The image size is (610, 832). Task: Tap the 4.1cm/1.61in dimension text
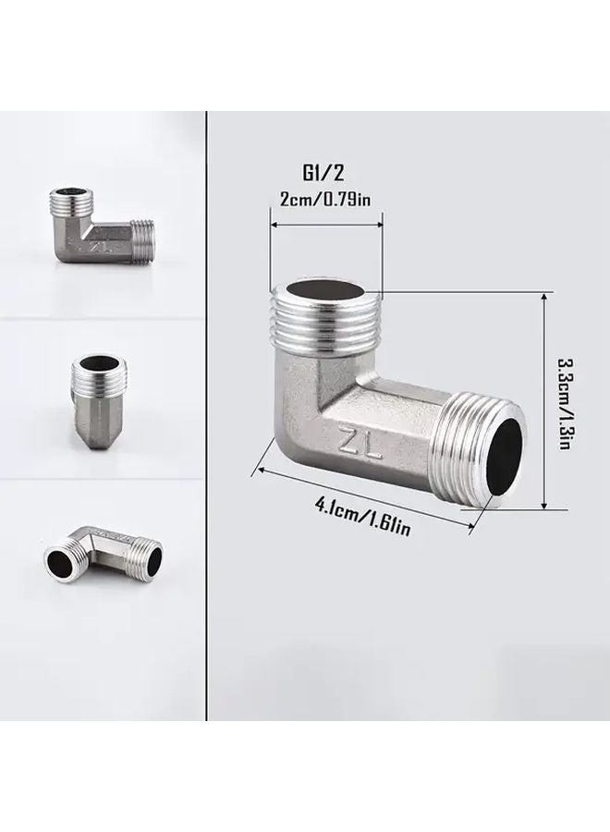coord(362,517)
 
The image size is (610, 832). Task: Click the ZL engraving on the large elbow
coord(362,442)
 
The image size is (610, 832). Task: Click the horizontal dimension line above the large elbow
coord(325,223)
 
